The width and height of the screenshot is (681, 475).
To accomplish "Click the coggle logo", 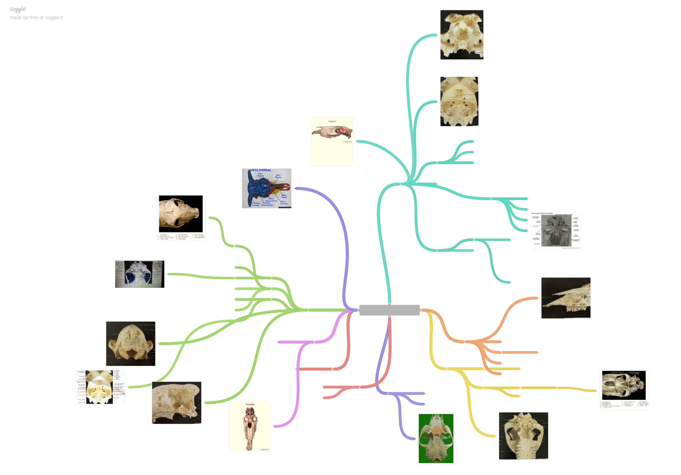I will click(18, 9).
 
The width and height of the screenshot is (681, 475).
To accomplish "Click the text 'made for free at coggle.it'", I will click(36, 17).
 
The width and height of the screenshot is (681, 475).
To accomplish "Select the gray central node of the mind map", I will click(389, 310).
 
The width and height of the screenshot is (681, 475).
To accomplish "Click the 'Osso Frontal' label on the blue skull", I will click(260, 175).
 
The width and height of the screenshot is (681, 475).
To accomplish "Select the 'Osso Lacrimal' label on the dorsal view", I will click(284, 202).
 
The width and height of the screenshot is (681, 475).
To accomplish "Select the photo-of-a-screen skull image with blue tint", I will click(139, 274).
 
